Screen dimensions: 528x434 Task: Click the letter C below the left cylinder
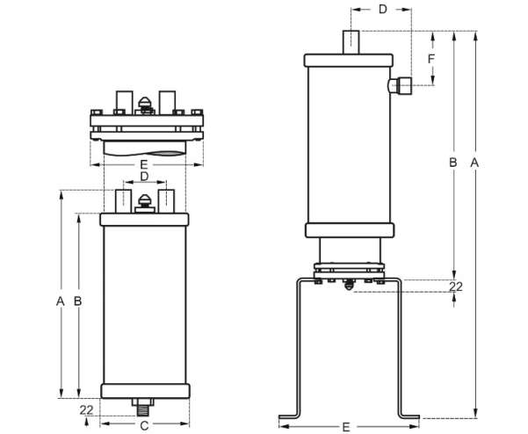pos(144,426)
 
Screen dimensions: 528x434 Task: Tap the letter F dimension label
pos(431,59)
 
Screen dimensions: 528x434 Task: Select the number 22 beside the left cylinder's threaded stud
pos(87,410)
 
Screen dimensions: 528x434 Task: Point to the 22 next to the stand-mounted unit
pos(456,286)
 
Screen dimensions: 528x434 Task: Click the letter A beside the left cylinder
pos(60,301)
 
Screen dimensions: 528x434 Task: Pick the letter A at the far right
pos(474,163)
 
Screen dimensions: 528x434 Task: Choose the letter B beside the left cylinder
pos(78,301)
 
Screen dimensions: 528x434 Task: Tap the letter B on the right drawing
pos(453,163)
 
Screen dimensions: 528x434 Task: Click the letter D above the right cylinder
pos(383,10)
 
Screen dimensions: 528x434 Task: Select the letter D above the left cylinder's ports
pos(144,177)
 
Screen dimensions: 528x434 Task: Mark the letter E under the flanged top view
pos(144,164)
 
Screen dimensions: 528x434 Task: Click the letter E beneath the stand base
pos(346,427)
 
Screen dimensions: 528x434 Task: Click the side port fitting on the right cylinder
pos(400,85)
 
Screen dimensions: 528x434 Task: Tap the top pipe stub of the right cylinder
pos(351,42)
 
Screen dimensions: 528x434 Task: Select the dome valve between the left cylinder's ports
pos(145,204)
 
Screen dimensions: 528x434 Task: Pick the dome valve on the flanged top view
pos(145,105)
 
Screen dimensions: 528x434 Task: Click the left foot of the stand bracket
pos(289,416)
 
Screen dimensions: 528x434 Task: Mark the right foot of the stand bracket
pos(409,416)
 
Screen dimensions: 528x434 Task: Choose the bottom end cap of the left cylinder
pos(146,391)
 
